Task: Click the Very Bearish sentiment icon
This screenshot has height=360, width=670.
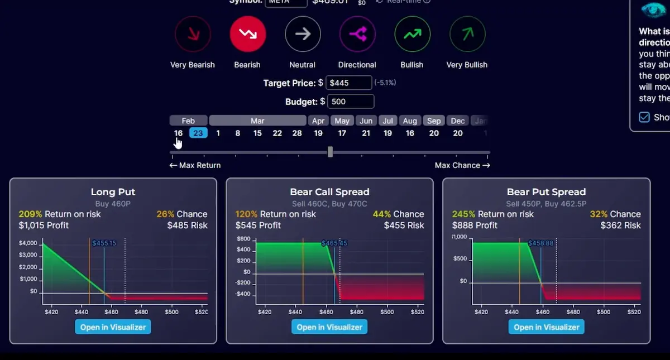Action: tap(193, 34)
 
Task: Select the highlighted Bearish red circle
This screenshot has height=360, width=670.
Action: tap(247, 34)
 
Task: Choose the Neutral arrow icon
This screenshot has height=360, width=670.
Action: tap(303, 34)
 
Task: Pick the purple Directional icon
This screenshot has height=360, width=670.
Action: tap(357, 34)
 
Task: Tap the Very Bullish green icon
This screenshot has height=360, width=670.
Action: tap(467, 34)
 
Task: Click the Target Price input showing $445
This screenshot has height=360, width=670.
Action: tap(348, 83)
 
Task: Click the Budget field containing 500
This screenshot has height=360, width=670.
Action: tap(351, 102)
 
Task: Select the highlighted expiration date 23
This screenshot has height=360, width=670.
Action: tap(198, 133)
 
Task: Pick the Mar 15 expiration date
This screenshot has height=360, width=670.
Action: tap(257, 133)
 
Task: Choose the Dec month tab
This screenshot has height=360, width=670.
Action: tap(458, 121)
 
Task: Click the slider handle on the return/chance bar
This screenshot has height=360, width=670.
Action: tap(330, 152)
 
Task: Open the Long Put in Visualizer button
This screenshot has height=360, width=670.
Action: tap(113, 327)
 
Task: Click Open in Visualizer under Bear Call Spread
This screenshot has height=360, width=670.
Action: tap(329, 327)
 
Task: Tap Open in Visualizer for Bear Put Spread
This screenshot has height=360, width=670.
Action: tap(546, 327)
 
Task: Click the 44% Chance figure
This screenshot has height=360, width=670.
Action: tap(382, 214)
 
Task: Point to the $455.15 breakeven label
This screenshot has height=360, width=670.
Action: tap(104, 243)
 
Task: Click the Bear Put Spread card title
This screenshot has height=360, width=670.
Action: tap(546, 192)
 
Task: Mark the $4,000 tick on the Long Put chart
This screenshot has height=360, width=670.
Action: tap(28, 243)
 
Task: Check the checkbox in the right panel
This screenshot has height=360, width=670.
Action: tap(644, 117)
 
